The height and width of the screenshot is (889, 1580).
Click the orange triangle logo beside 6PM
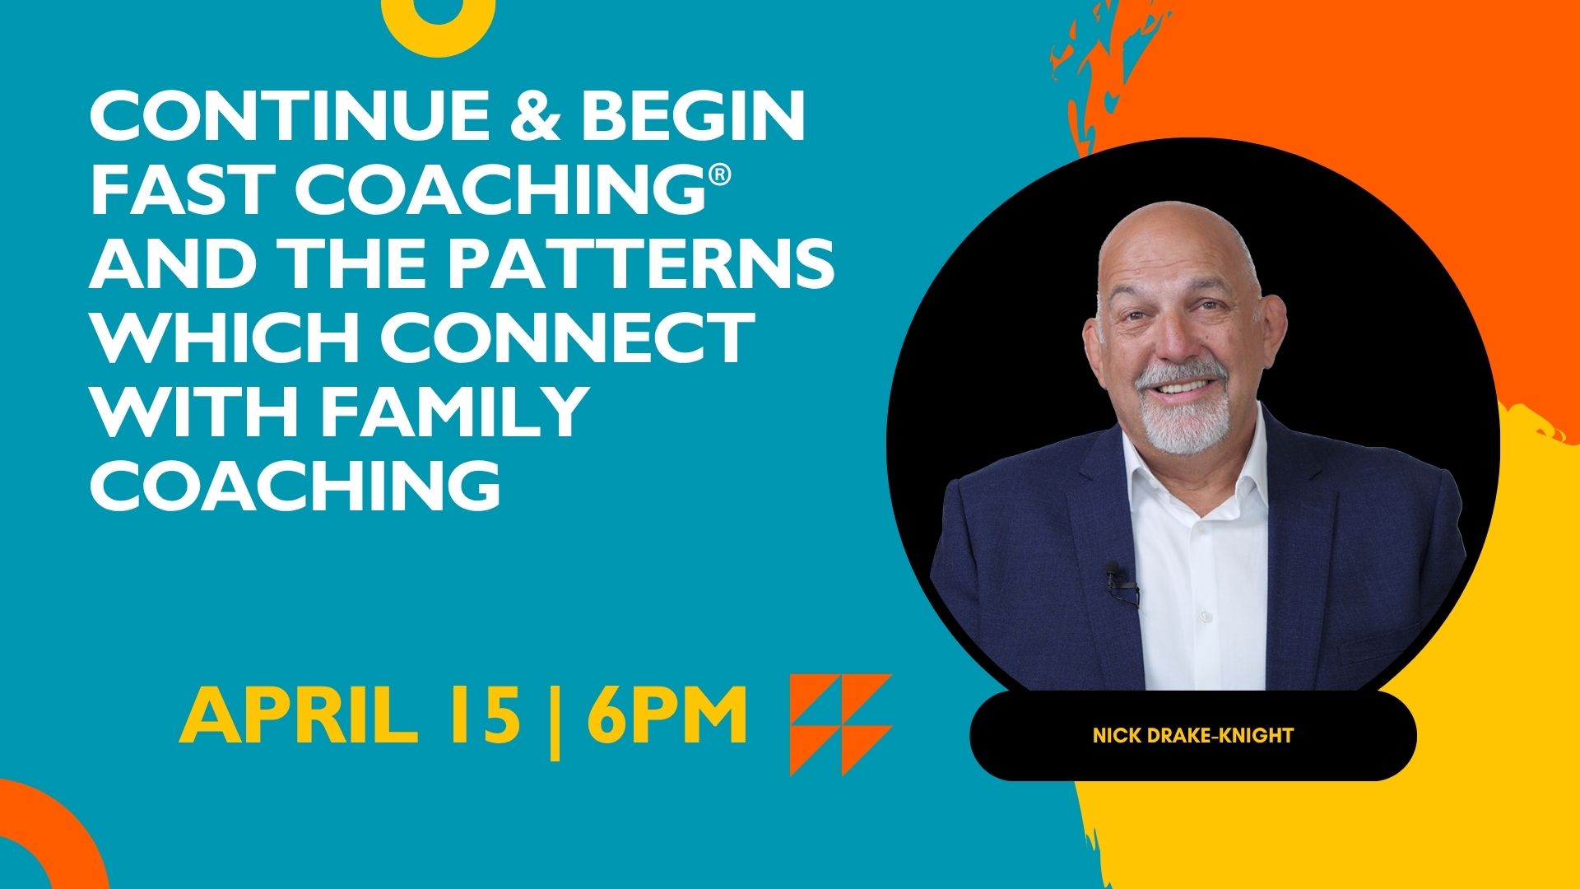(x=840, y=724)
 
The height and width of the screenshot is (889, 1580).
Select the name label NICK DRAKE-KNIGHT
(x=1192, y=735)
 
